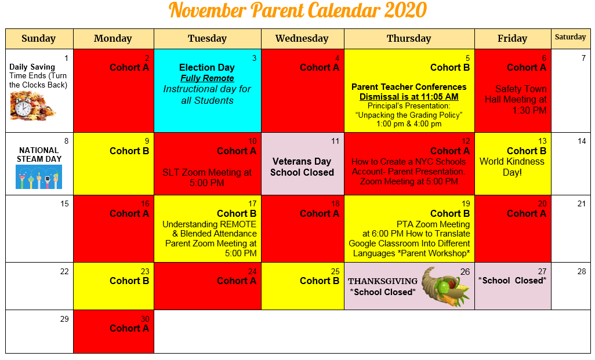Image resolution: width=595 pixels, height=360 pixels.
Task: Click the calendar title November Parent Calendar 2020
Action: pyautogui.click(x=297, y=10)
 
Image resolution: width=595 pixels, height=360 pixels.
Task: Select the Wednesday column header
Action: pyautogui.click(x=302, y=39)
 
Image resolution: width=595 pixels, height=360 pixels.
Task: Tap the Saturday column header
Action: pyautogui.click(x=570, y=37)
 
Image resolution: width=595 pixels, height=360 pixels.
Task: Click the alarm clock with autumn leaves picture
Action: pyautogui.click(x=32, y=106)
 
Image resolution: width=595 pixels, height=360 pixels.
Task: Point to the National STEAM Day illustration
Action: pyautogui.click(x=39, y=177)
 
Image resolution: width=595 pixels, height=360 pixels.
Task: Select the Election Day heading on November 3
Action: pyautogui.click(x=206, y=68)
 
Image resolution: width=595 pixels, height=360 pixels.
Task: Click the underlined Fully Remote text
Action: pyautogui.click(x=207, y=78)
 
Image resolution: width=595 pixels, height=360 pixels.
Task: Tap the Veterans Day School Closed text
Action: pyautogui.click(x=302, y=167)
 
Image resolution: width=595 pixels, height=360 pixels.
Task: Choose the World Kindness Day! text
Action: pyautogui.click(x=512, y=167)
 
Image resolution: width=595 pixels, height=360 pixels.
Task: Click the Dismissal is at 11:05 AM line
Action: pyautogui.click(x=409, y=97)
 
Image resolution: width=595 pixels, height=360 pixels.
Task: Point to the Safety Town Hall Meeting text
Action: pyautogui.click(x=516, y=100)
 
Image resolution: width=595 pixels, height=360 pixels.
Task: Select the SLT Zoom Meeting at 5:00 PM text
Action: pyautogui.click(x=207, y=177)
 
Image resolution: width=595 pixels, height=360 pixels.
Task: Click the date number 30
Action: pyautogui.click(x=144, y=319)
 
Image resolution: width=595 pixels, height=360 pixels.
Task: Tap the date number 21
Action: pyautogui.click(x=582, y=204)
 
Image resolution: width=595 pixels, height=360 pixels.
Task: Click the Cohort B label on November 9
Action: pyautogui.click(x=129, y=151)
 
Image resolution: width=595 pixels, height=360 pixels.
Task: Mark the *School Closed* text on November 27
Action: pyautogui.click(x=512, y=281)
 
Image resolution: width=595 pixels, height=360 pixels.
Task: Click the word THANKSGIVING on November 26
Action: pyautogui.click(x=382, y=282)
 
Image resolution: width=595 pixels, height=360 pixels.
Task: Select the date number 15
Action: pyautogui.click(x=64, y=204)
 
